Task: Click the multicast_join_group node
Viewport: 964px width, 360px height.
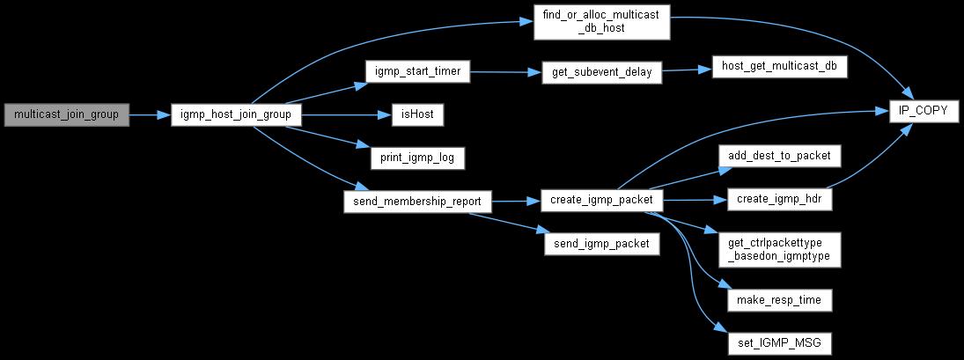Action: click(67, 114)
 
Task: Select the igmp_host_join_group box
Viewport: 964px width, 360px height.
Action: click(236, 114)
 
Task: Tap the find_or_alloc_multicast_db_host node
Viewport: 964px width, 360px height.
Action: click(603, 21)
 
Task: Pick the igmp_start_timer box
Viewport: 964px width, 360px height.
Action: click(417, 72)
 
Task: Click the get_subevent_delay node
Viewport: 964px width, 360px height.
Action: click(601, 72)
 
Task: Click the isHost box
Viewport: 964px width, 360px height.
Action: click(416, 114)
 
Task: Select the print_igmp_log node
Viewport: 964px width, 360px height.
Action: click(416, 158)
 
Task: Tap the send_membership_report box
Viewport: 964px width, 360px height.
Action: click(417, 201)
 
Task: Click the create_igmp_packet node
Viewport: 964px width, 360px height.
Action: click(601, 201)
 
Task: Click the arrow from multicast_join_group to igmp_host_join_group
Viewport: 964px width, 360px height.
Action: click(150, 114)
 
